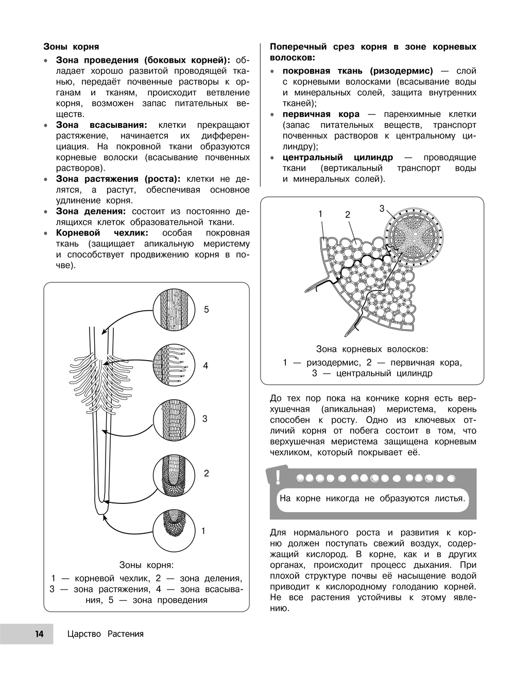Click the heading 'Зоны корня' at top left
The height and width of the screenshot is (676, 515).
click(71, 47)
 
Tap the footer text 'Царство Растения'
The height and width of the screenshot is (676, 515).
click(105, 634)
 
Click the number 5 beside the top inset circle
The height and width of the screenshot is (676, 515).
click(207, 310)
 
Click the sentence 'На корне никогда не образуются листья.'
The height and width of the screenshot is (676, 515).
click(372, 498)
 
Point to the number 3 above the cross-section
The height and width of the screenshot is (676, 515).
click(382, 208)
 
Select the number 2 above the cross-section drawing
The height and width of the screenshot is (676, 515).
click(348, 214)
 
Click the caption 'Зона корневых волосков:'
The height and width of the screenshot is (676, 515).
click(372, 349)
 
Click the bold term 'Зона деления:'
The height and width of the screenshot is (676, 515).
click(91, 211)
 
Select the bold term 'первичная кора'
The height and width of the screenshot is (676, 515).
click(321, 114)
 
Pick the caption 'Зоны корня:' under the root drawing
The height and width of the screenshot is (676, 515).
click(146, 565)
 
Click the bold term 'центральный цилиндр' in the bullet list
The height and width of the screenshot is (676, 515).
click(337, 157)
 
